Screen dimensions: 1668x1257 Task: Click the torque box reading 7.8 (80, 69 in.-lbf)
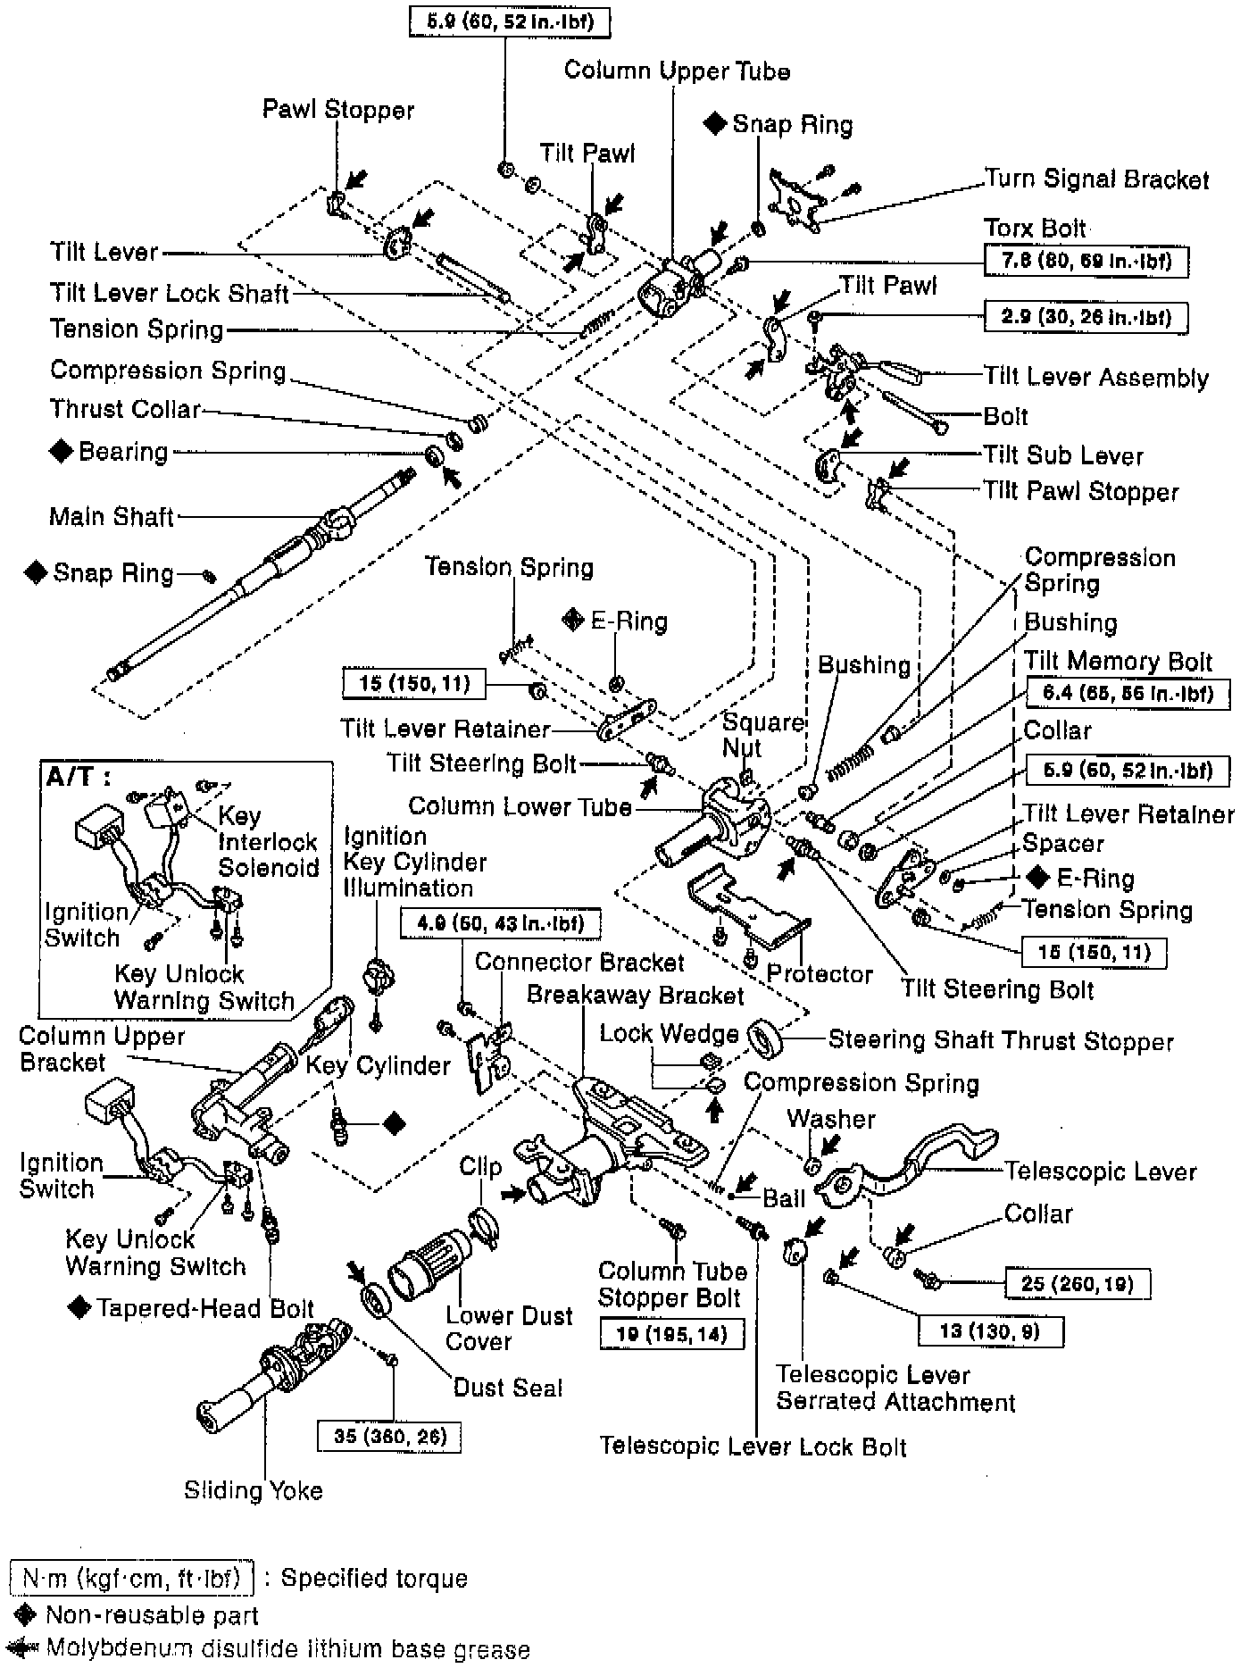click(x=1086, y=262)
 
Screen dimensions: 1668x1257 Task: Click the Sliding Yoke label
click(x=253, y=1490)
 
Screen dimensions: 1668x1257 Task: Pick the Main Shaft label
click(x=112, y=516)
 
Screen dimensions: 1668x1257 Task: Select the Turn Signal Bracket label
click(x=1096, y=179)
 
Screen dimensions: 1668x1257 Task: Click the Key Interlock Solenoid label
click(x=267, y=841)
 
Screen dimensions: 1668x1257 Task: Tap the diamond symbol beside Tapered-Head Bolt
click(x=79, y=1308)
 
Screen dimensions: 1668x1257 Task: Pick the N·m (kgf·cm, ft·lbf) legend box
click(x=132, y=1579)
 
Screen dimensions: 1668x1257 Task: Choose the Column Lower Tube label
click(x=520, y=806)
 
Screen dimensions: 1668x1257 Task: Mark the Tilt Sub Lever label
click(x=1062, y=455)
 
